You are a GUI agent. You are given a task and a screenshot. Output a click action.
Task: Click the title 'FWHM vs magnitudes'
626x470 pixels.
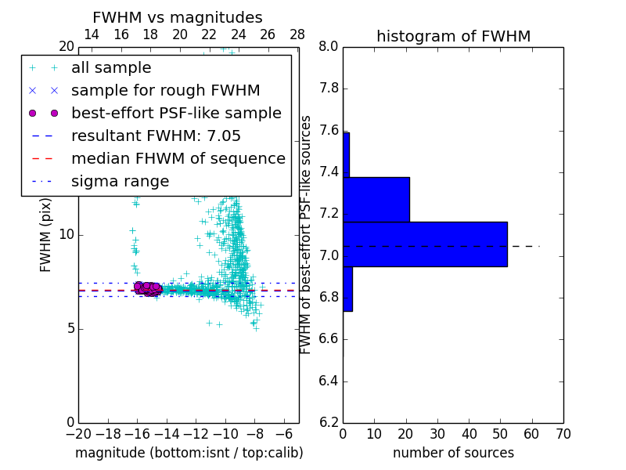pos(178,18)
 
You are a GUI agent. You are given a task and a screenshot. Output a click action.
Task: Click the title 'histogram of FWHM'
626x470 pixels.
pos(453,36)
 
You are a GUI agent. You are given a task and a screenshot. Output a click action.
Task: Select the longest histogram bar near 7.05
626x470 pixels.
pos(425,244)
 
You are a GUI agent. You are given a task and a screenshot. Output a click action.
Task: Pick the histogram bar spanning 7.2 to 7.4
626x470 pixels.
pos(376,199)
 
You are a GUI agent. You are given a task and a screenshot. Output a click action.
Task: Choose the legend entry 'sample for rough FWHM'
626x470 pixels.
pos(165,91)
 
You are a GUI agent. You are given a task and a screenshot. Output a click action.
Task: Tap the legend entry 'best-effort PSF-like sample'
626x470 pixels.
pos(176,114)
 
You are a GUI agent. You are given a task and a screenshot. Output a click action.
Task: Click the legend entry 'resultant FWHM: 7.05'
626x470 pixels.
pos(160,136)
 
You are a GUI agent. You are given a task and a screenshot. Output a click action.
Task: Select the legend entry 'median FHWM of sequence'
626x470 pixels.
pos(178,158)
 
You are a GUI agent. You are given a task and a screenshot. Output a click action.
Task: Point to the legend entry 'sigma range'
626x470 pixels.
pos(120,181)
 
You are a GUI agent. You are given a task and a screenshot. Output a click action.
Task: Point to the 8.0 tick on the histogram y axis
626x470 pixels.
pos(329,47)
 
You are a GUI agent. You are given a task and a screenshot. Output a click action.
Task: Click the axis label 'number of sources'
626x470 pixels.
pos(453,453)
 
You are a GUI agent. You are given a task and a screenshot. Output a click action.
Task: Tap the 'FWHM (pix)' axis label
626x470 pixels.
pos(46,234)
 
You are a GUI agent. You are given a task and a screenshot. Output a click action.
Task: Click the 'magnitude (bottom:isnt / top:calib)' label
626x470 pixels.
pos(189,453)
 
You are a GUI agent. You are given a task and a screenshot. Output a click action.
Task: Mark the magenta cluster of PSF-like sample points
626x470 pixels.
pos(147,288)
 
